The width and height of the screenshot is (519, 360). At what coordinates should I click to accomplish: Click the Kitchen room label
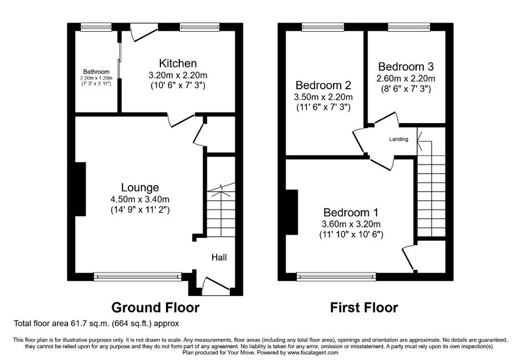pyautogui.click(x=178, y=64)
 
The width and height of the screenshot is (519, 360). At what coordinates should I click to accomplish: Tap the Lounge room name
pyautogui.click(x=140, y=187)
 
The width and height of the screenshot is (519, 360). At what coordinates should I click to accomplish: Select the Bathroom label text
pyautogui.click(x=96, y=71)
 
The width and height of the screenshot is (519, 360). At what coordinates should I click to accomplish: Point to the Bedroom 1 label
pyautogui.click(x=351, y=212)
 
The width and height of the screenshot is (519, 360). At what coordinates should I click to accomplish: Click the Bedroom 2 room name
pyautogui.click(x=323, y=85)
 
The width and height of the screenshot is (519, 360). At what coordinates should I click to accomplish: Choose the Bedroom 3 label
pyautogui.click(x=406, y=66)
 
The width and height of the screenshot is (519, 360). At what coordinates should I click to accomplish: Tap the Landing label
pyautogui.click(x=399, y=139)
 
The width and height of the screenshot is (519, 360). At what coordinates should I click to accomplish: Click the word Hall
pyautogui.click(x=219, y=257)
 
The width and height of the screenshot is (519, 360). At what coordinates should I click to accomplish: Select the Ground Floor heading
pyautogui.click(x=155, y=308)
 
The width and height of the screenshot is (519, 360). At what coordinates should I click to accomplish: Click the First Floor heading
pyautogui.click(x=364, y=308)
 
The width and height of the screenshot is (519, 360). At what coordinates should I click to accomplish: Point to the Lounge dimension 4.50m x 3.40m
pyautogui.click(x=140, y=200)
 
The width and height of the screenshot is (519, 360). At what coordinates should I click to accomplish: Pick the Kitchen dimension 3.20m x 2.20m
pyautogui.click(x=178, y=75)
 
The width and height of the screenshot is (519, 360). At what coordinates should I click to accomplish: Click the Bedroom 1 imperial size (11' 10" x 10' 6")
pyautogui.click(x=351, y=235)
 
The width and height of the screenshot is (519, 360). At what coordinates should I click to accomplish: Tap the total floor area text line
pyautogui.click(x=96, y=323)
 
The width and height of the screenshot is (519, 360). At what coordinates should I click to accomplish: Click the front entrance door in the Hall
pyautogui.click(x=216, y=286)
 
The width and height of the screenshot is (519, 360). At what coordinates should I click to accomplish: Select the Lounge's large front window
pyautogui.click(x=138, y=276)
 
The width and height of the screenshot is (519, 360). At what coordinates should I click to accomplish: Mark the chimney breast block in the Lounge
pyautogui.click(x=81, y=189)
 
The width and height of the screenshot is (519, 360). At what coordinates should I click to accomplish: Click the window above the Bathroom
pyautogui.click(x=96, y=27)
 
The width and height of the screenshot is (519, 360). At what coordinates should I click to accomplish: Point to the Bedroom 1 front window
pyautogui.click(x=336, y=276)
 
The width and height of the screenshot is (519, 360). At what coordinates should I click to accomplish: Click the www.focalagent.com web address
pyautogui.click(x=312, y=353)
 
